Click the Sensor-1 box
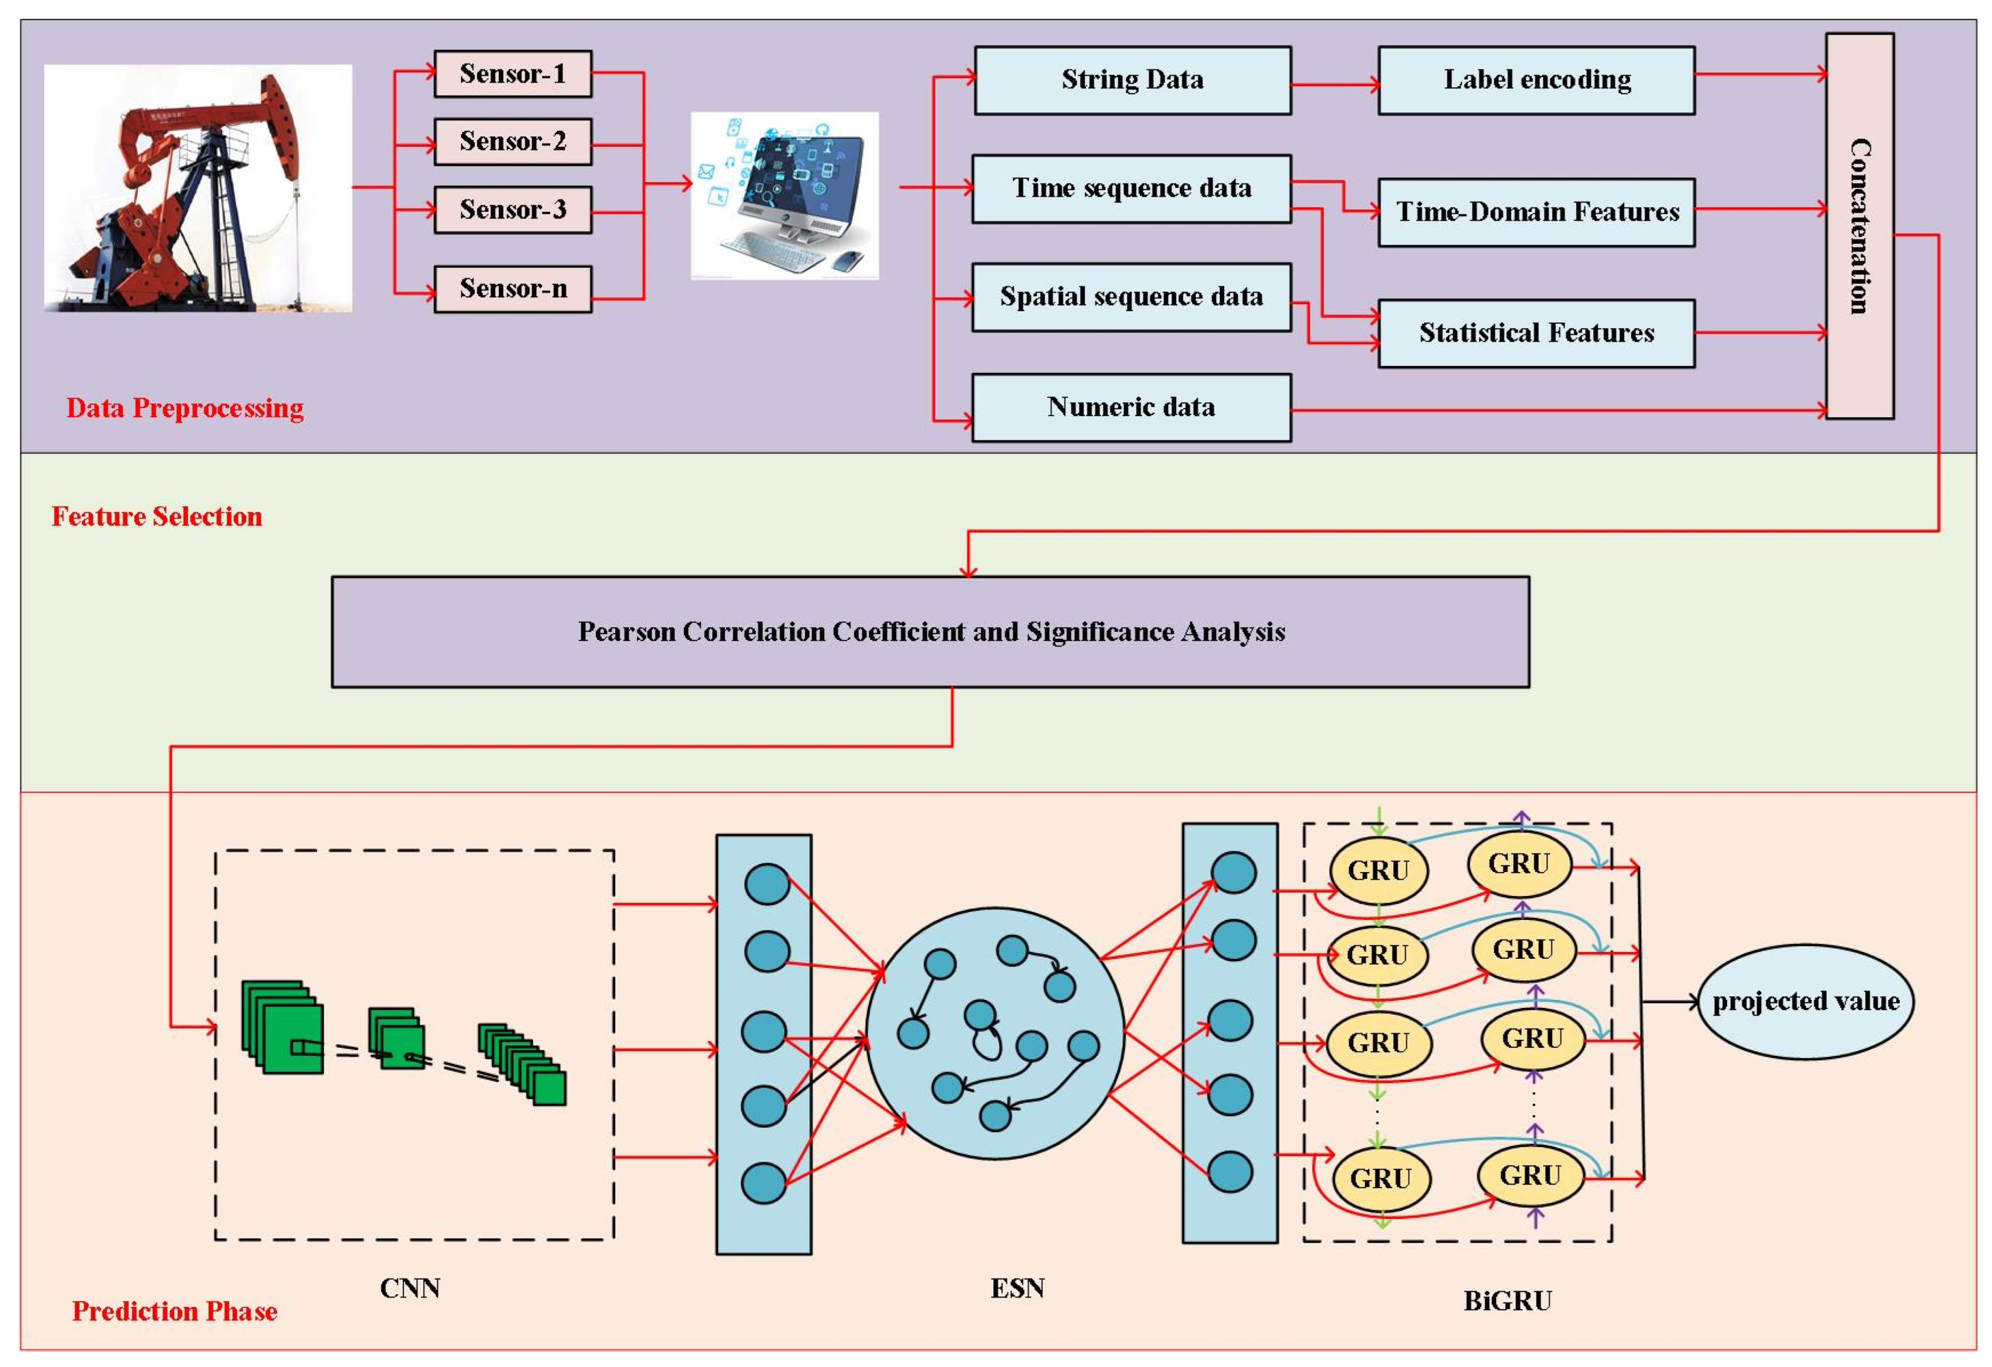(512, 74)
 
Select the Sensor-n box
(512, 289)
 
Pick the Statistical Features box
(1536, 333)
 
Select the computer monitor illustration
(784, 195)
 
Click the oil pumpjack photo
(198, 188)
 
